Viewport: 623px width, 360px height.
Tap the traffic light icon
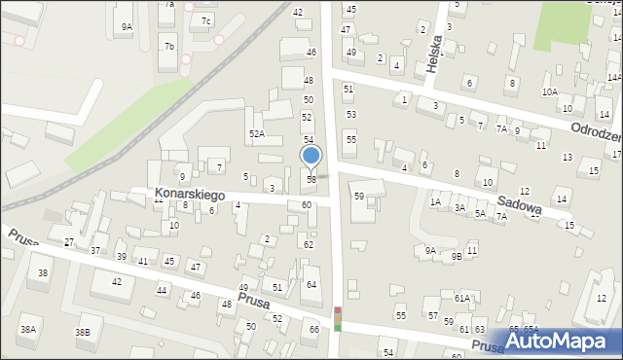338,319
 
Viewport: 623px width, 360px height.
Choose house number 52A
257,133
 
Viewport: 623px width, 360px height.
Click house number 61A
461,298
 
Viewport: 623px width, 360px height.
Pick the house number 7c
205,20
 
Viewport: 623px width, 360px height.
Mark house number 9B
457,256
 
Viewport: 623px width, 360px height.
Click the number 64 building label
311,284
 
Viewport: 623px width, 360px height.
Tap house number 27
68,241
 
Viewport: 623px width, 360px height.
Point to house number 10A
550,91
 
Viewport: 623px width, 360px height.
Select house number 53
350,114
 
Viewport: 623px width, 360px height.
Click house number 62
308,244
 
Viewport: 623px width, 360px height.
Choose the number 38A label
29,330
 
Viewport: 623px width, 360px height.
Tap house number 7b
168,46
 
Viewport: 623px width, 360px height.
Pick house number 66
313,329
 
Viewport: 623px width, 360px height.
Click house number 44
162,290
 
